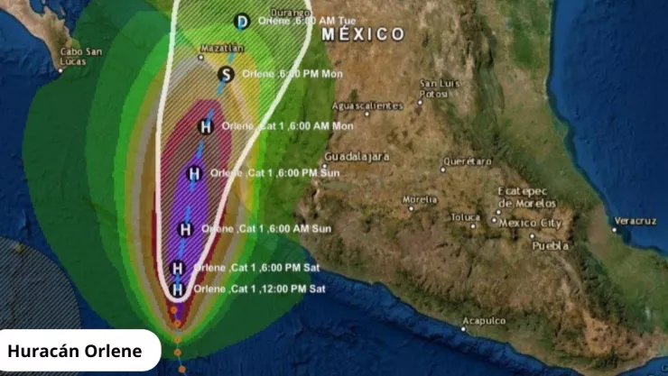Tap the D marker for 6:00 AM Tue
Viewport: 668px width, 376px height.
241,22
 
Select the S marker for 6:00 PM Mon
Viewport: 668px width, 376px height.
227,74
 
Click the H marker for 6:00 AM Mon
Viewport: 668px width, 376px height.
206,126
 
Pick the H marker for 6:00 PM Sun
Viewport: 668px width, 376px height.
194,173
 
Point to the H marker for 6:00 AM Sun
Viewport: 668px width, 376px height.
185,229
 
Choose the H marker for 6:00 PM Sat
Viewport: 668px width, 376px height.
178,268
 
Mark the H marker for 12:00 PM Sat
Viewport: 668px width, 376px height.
178,289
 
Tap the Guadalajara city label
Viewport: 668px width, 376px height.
357,156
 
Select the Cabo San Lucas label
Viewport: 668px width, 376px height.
80,57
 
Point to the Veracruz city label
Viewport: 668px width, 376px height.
635,221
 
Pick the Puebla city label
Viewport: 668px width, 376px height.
551,245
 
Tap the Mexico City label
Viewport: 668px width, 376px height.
531,223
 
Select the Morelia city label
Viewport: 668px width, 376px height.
420,199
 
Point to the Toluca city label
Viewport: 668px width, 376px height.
466,217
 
